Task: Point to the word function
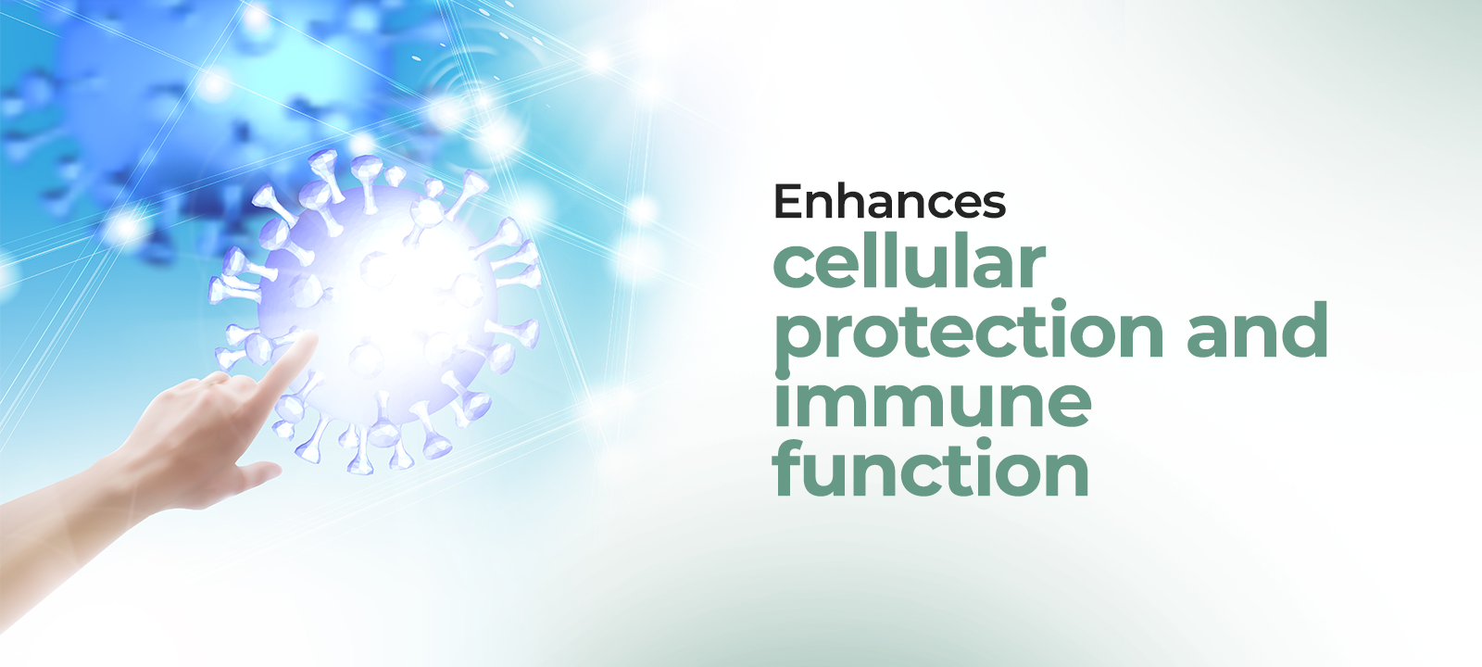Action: tap(930, 467)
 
